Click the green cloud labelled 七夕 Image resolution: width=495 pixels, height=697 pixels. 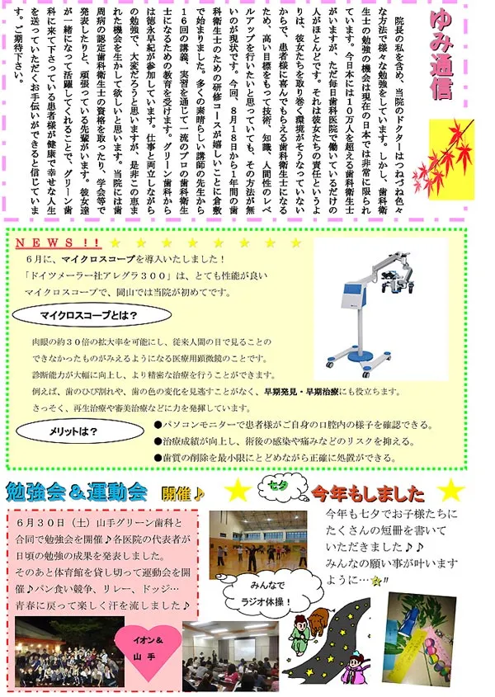[x=278, y=485]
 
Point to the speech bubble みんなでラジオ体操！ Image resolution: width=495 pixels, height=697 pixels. [x=260, y=591]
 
